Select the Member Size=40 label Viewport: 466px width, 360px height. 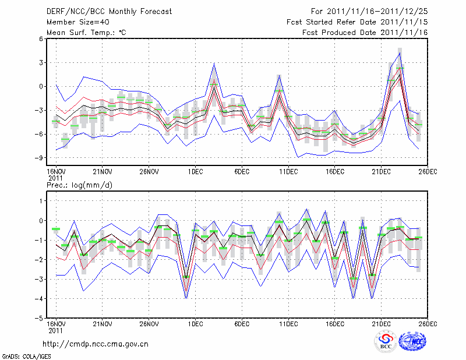coord(77,22)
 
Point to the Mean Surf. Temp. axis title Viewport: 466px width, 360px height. coord(86,33)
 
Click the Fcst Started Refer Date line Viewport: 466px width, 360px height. coord(358,22)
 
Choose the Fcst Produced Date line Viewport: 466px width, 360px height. coord(365,33)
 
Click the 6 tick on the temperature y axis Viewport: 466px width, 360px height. coord(41,39)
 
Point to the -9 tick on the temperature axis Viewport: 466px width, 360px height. coord(40,158)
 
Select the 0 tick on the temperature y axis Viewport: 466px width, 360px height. coord(41,86)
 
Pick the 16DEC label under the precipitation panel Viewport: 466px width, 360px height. coord(335,323)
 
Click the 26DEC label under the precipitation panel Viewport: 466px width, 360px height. coord(428,323)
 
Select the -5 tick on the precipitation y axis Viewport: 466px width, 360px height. coord(40,319)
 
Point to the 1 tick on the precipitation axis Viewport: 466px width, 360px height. coord(41,200)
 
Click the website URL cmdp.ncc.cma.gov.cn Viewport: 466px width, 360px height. coord(96,344)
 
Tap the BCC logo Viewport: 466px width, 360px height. coord(386,341)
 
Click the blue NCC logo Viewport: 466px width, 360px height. coord(415,341)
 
